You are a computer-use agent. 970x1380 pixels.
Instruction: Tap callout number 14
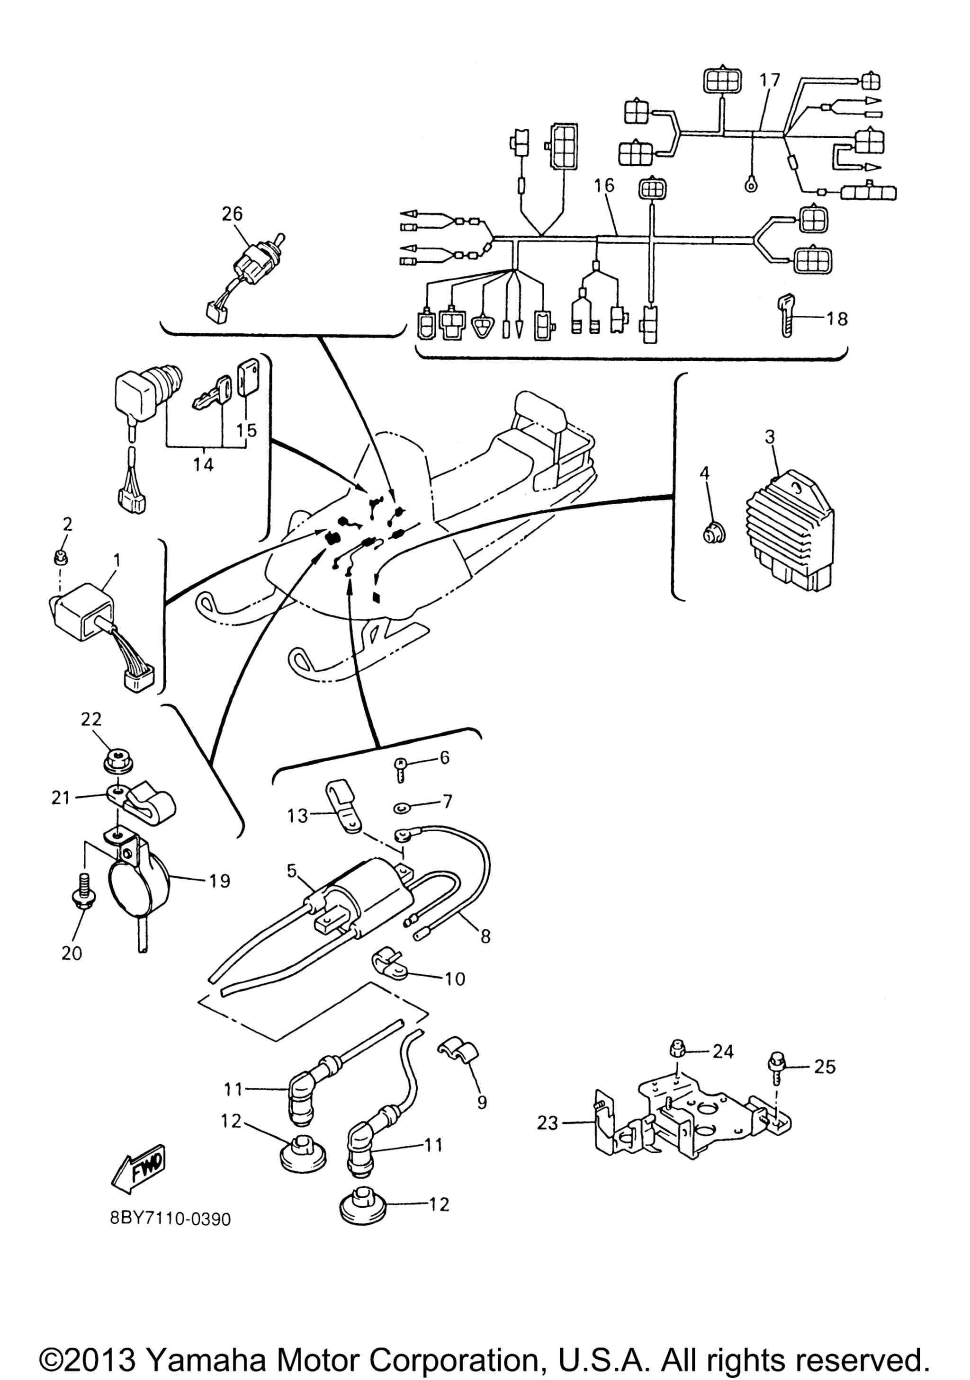tap(204, 464)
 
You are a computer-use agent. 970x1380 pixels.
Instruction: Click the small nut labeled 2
tap(60, 558)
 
